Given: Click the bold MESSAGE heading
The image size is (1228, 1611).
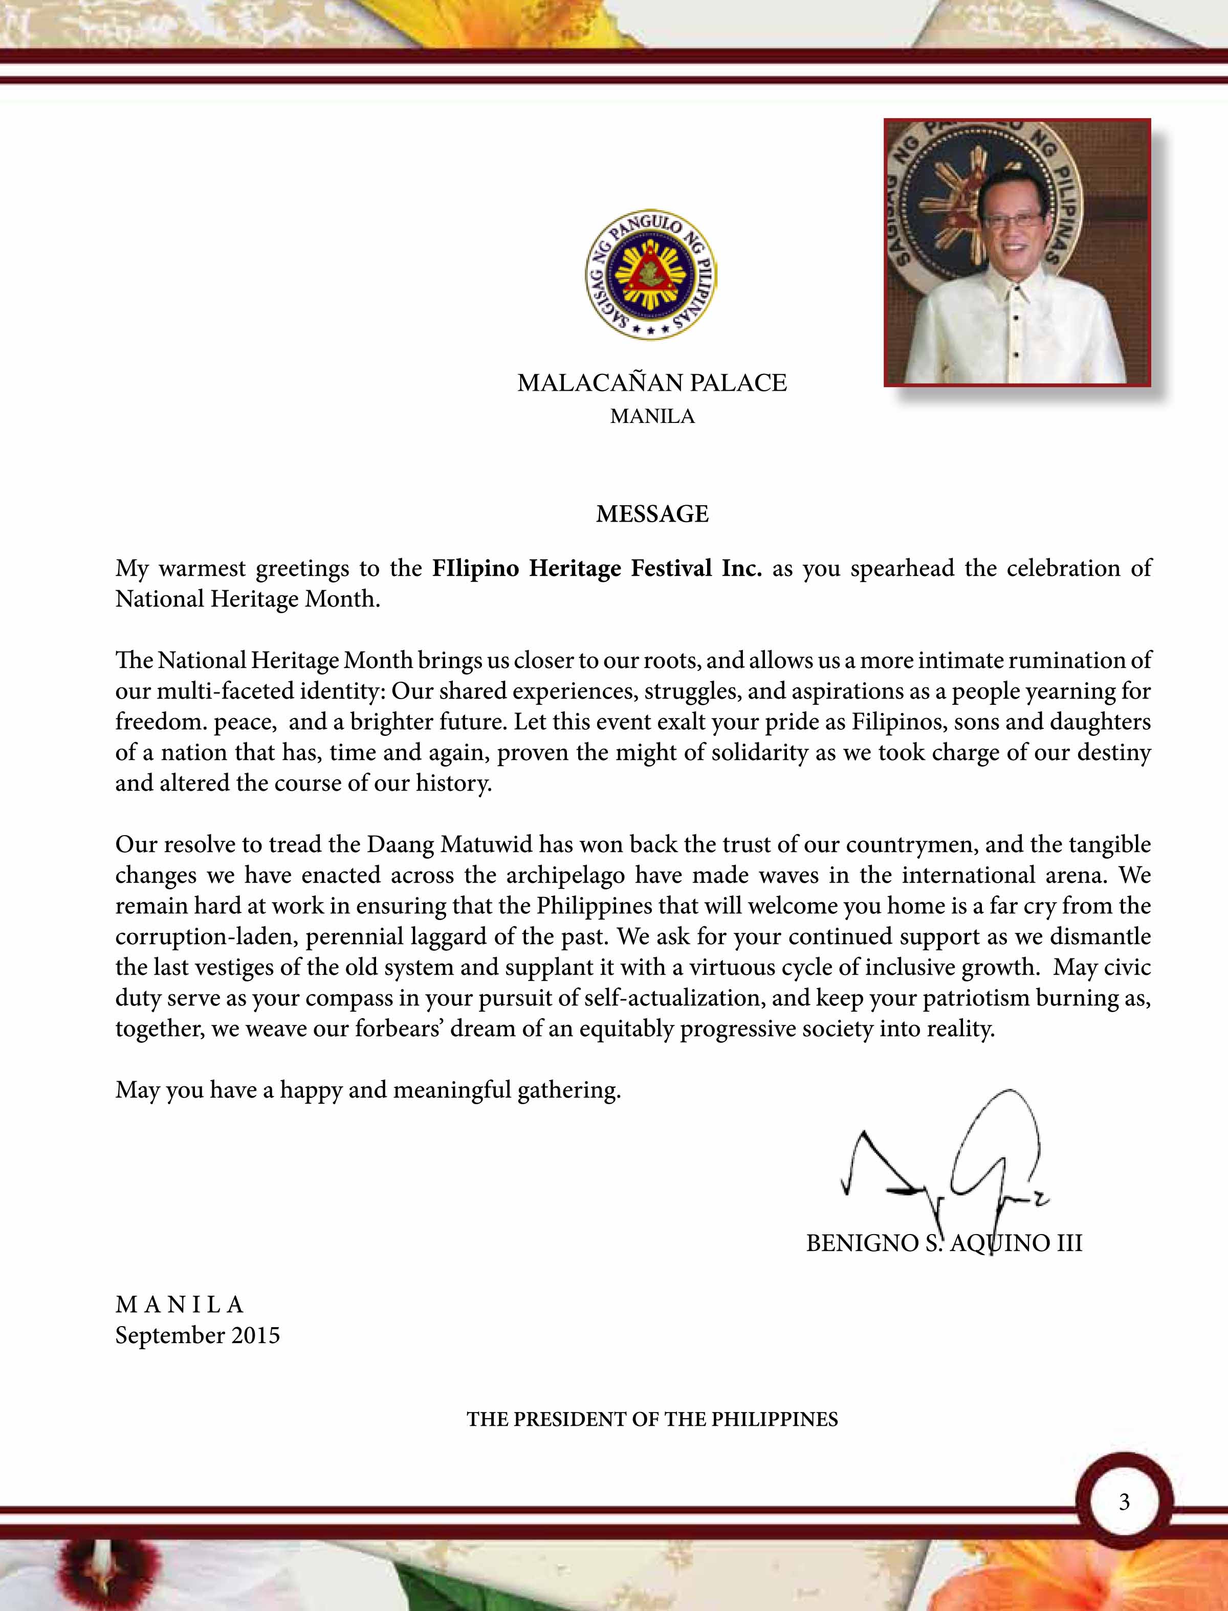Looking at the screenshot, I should click(652, 514).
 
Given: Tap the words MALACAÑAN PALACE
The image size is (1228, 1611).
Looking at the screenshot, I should click(652, 383).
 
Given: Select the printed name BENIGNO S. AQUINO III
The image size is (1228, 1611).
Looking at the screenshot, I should click(944, 1243).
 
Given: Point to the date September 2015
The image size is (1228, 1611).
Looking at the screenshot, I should click(198, 1335).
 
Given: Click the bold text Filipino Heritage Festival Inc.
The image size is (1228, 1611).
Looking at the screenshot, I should click(597, 568).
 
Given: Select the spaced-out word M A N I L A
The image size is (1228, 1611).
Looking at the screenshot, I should click(180, 1304).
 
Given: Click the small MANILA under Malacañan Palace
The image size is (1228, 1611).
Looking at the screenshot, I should click(652, 416).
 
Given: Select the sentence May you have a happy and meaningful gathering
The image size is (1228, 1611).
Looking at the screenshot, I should click(368, 1090).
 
